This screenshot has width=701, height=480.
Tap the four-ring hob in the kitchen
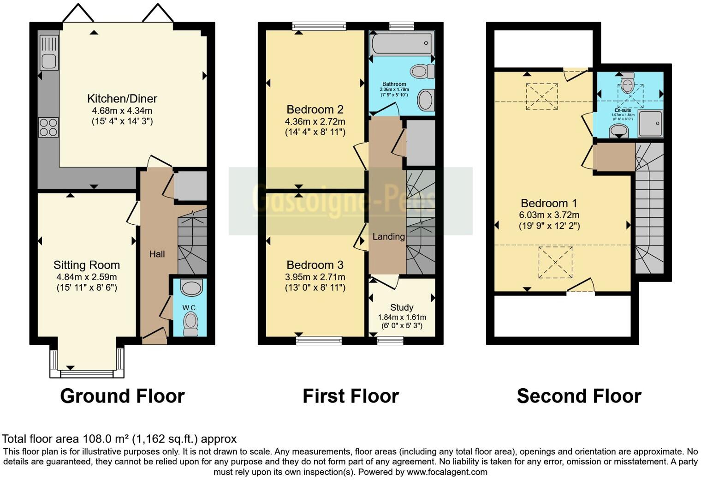(48, 127)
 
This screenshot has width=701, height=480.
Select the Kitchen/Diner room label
(122, 98)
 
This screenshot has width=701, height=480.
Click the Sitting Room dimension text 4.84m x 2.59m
(87, 277)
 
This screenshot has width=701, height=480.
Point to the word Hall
(157, 254)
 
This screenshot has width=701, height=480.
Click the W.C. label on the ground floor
(189, 308)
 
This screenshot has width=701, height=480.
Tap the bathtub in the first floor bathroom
(402, 44)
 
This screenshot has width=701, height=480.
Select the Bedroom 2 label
(315, 109)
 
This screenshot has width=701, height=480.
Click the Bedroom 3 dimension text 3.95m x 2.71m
(315, 277)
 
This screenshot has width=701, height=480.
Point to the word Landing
(388, 237)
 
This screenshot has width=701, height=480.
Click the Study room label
(402, 307)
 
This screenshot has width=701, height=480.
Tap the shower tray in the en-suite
(651, 124)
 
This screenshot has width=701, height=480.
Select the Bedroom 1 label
(549, 203)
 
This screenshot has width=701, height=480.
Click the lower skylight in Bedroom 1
(555, 262)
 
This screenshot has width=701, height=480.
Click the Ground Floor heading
(122, 396)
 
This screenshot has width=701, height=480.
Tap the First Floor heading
(350, 396)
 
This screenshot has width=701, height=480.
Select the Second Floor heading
(579, 396)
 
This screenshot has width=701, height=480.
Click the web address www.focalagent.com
(447, 472)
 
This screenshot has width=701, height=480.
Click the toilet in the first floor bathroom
(422, 71)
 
